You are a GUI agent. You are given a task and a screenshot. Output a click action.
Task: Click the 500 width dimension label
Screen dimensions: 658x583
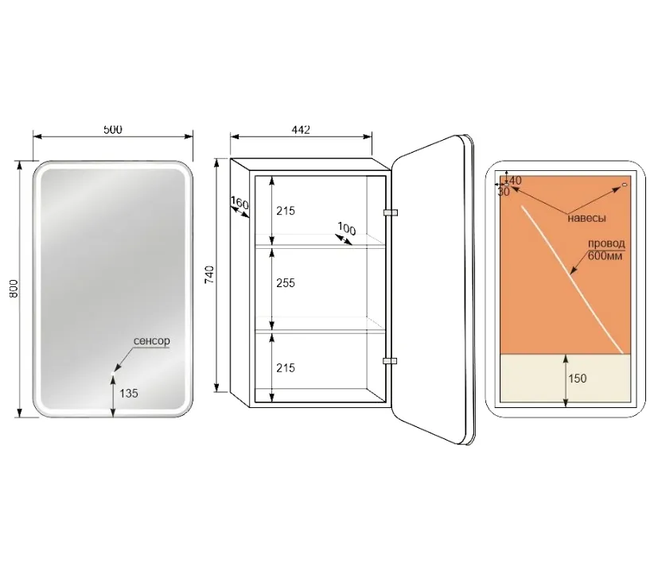click(x=113, y=129)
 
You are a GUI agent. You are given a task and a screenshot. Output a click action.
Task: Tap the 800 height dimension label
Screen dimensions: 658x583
click(x=14, y=289)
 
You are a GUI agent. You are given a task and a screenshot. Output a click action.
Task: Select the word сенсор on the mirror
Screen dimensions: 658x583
click(x=151, y=341)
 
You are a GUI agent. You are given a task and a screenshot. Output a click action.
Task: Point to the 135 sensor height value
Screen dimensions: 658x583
click(x=129, y=394)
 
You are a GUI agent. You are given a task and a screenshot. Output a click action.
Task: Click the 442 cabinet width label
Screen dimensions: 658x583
click(x=301, y=130)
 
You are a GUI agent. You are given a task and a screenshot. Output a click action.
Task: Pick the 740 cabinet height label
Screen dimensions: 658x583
click(x=209, y=274)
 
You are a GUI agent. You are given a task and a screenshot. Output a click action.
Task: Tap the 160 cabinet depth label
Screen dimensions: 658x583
click(x=240, y=204)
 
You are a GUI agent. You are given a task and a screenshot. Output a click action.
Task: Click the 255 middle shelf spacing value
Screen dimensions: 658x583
click(x=286, y=283)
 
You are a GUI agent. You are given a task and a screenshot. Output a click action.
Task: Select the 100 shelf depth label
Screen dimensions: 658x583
click(x=347, y=229)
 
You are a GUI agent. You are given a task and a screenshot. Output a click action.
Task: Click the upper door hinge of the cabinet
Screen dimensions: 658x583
click(x=391, y=212)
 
